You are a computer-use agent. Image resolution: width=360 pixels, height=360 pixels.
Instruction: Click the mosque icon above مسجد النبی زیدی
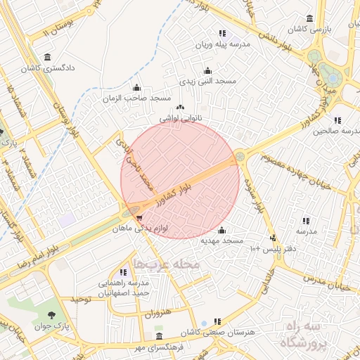[207, 71]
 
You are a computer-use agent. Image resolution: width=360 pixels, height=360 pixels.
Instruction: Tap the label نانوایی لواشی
[181, 119]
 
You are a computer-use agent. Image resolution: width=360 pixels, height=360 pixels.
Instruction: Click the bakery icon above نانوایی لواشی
[181, 108]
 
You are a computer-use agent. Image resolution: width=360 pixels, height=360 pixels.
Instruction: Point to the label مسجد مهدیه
[222, 240]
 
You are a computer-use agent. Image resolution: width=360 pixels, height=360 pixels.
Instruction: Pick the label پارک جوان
[51, 327]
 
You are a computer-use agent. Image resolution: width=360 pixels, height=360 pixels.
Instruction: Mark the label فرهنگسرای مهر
[160, 347]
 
